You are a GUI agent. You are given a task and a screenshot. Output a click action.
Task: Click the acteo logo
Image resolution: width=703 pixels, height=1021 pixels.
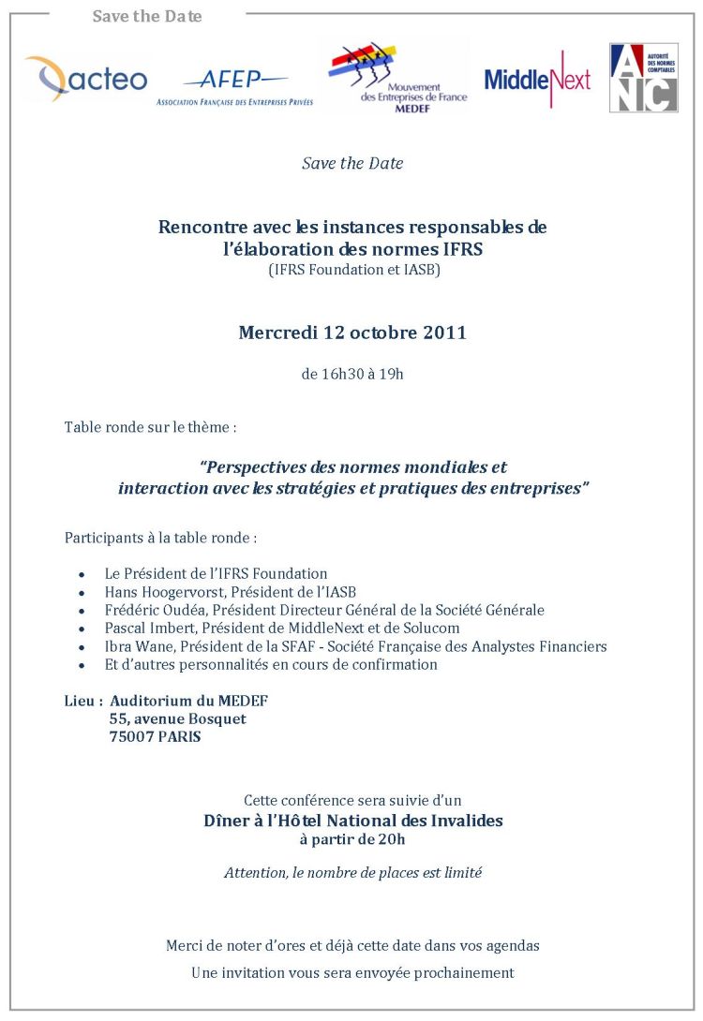tap(86, 79)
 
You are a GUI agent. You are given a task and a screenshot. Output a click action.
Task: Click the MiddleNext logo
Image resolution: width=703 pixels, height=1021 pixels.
tap(537, 80)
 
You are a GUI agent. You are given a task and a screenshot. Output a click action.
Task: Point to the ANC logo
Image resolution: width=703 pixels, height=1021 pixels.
tap(643, 78)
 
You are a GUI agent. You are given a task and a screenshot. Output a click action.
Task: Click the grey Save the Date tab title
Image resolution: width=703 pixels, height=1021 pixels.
tap(147, 16)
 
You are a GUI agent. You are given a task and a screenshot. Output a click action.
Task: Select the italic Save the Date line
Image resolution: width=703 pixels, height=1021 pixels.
tap(352, 163)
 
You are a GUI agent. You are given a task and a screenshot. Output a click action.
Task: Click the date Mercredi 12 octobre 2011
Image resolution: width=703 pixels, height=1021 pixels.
tap(352, 333)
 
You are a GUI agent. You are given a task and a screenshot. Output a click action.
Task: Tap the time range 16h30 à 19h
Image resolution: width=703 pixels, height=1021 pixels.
tap(352, 374)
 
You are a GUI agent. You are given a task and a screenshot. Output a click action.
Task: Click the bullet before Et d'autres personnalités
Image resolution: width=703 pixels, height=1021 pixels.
tap(82, 665)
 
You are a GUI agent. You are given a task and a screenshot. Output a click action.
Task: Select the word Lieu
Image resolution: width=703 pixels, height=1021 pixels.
tap(80, 701)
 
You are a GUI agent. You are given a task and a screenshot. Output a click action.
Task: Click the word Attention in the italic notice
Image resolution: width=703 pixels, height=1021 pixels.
tap(255, 872)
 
